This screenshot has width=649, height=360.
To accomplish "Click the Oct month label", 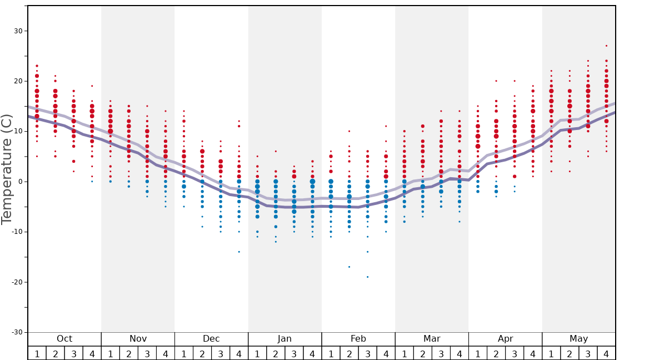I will tap(64, 339).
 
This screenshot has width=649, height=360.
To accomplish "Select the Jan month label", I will tap(284, 339).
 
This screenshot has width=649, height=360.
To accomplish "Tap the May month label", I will tap(578, 339).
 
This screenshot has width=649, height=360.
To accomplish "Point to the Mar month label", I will tap(432, 339).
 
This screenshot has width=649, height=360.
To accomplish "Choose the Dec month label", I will tap(211, 339).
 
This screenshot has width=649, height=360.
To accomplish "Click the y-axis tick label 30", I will tap(17, 31).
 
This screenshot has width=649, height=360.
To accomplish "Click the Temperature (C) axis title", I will tap(7, 169).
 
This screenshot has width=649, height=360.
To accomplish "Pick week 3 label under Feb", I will tap(367, 353).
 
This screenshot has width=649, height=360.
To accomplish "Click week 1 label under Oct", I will tap(37, 353).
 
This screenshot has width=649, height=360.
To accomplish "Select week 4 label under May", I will tap(606, 353).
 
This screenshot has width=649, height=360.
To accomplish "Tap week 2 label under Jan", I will tap(276, 353).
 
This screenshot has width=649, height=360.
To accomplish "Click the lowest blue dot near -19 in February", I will tap(367, 277).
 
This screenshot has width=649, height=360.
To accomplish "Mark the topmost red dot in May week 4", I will tap(606, 46).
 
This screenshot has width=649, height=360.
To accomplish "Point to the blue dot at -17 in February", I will tap(349, 267).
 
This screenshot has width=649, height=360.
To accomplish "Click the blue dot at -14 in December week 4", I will tap(239, 252).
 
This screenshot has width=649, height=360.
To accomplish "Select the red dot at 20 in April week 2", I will tap(496, 81).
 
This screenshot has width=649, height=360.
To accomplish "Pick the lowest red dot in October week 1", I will tap(37, 156).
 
